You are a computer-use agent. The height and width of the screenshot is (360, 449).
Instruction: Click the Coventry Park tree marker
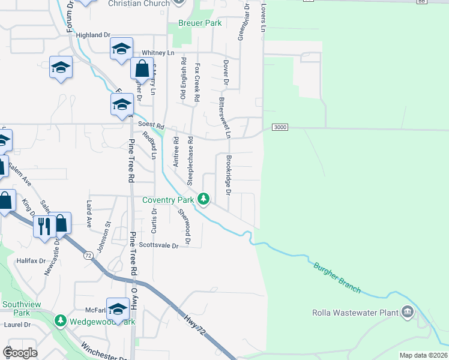click(204, 199)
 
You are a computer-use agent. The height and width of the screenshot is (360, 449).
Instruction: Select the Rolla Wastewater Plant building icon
click(408, 312)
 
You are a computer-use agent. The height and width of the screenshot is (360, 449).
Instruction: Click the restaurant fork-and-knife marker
click(43, 226)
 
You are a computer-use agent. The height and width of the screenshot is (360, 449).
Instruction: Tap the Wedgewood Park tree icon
click(60, 322)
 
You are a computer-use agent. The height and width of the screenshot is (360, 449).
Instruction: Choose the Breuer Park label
click(200, 23)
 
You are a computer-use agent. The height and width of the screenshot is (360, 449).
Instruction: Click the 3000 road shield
click(280, 127)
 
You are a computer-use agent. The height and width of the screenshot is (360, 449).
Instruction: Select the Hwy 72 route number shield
click(88, 256)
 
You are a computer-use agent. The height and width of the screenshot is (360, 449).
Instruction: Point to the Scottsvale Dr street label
click(159, 245)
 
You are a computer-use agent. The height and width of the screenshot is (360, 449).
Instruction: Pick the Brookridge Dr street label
click(228, 175)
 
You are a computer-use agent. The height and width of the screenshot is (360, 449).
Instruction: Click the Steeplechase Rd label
click(190, 160)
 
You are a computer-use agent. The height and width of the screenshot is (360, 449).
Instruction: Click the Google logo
click(20, 353)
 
